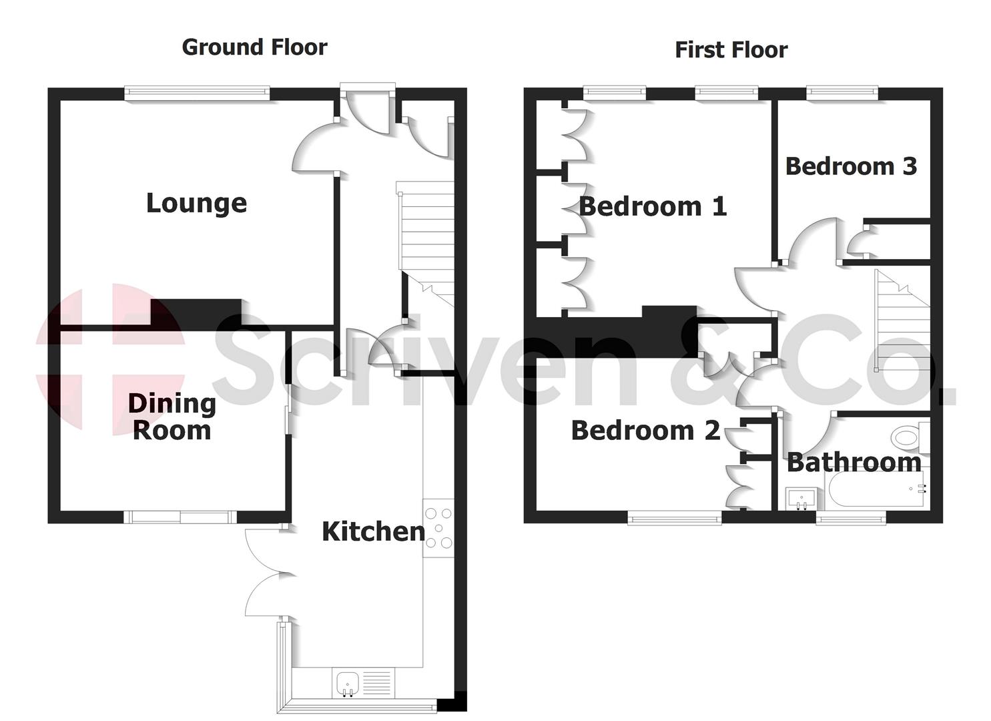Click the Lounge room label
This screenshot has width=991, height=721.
[196, 203]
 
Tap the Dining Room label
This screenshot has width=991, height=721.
[172, 417]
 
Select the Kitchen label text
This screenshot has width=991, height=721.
[373, 531]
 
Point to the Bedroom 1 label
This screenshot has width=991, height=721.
[653, 206]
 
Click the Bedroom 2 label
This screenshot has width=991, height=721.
[645, 431]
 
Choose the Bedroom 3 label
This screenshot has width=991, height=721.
[851, 166]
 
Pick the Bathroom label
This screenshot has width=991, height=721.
[854, 462]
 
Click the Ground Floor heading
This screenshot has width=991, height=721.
[254, 47]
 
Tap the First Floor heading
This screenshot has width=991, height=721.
[731, 50]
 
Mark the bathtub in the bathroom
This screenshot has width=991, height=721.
[874, 491]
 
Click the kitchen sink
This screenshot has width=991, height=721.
[348, 682]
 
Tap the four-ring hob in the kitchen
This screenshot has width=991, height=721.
[438, 528]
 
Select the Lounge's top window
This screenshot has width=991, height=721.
[197, 94]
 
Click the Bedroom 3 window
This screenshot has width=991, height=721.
[842, 93]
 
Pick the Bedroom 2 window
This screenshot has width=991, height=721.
[674, 517]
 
